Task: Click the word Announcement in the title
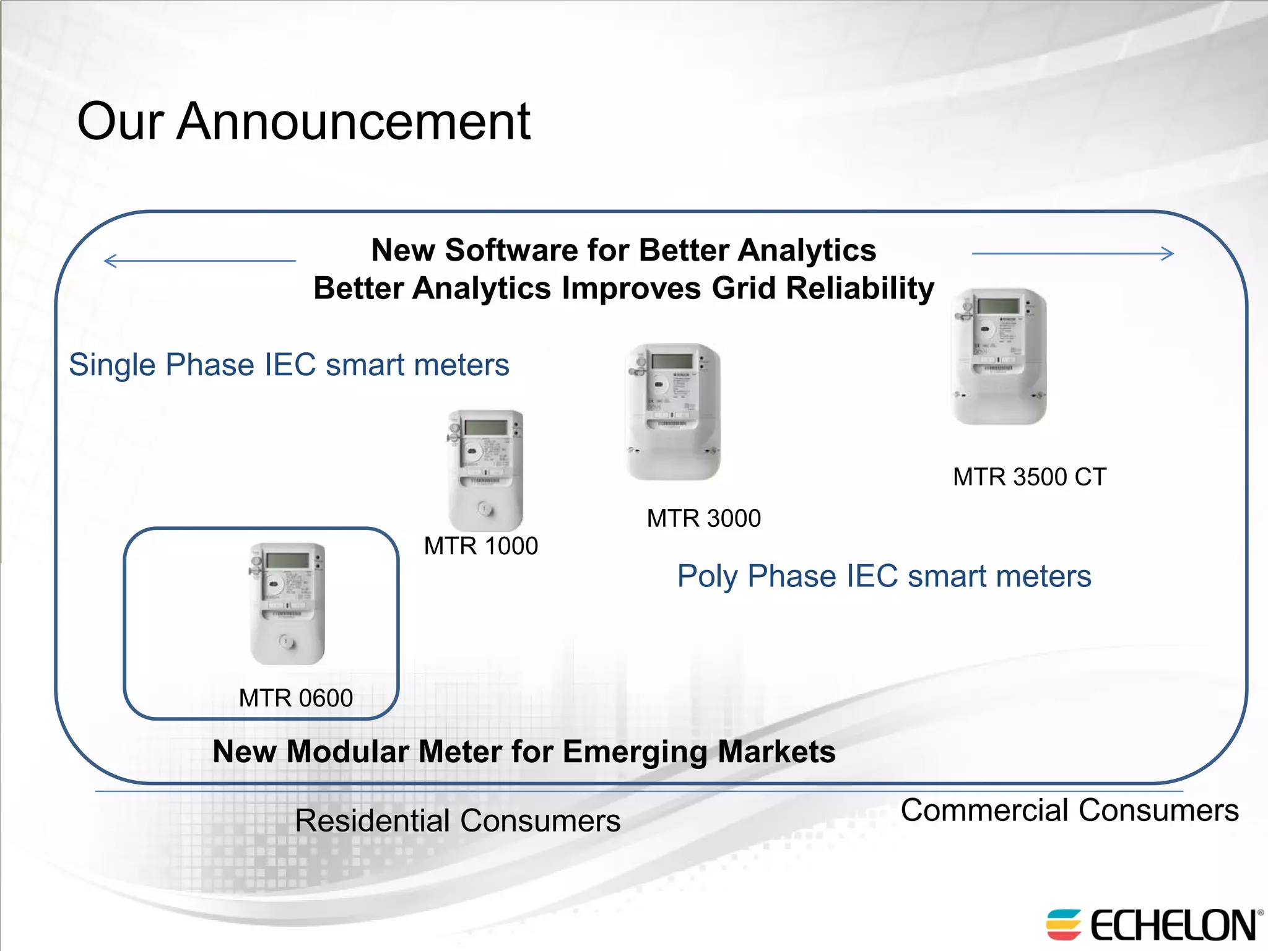[354, 121]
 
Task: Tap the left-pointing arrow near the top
[199, 261]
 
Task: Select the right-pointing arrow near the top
[1072, 253]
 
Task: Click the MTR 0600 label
[296, 698]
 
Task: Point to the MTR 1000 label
[481, 546]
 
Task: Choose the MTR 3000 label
[704, 518]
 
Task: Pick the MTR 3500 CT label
[1030, 477]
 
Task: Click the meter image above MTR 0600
[287, 604]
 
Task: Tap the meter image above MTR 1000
[485, 471]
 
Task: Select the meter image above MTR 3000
[673, 412]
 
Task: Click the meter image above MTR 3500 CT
[999, 357]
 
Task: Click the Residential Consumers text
[458, 821]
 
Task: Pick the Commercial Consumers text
[1069, 810]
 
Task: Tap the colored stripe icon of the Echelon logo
[1063, 924]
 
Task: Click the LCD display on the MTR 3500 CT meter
[998, 306]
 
